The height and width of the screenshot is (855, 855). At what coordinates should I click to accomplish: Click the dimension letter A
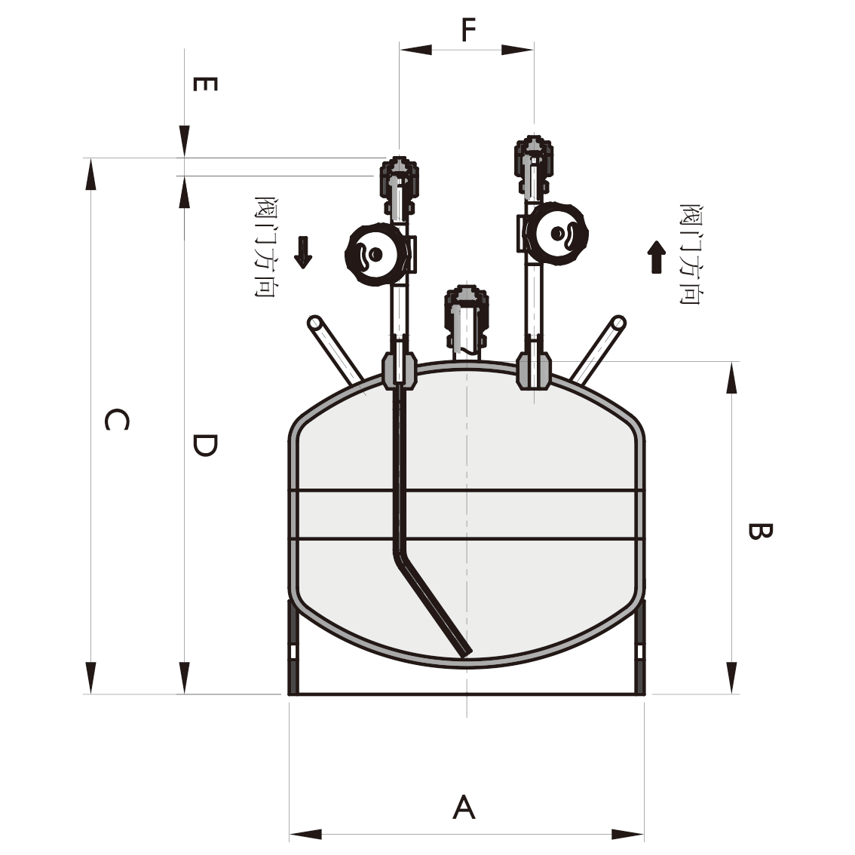coord(464,807)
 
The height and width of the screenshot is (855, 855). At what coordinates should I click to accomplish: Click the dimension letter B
coord(759,531)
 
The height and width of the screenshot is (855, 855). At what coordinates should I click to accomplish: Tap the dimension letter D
coord(205,445)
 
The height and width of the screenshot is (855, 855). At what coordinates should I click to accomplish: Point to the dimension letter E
coord(206,84)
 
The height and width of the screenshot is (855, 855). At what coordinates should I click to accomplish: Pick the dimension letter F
coord(468,29)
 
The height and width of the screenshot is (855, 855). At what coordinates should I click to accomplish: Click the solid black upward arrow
coord(657,257)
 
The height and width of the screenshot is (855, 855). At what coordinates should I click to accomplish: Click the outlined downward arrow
coord(302,253)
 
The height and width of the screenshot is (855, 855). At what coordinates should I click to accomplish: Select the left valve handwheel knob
coord(375,254)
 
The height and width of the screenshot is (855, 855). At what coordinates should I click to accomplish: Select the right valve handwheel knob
coord(556,234)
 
